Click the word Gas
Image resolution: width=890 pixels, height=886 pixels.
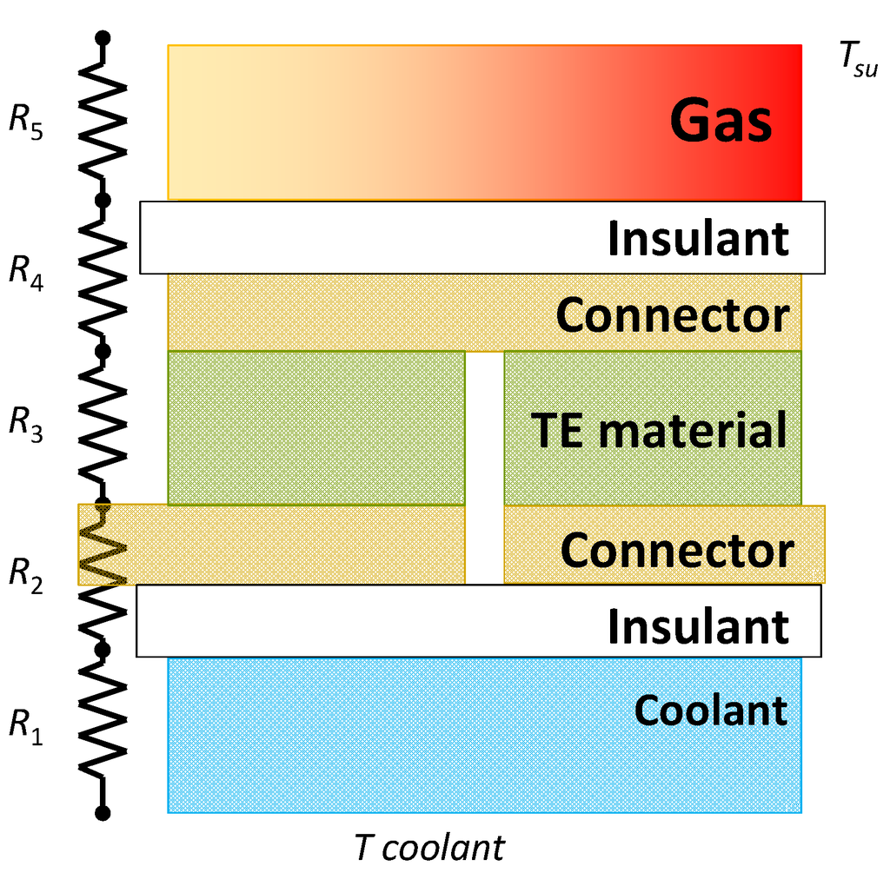point(721,122)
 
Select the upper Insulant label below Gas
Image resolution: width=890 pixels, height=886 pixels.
point(698,238)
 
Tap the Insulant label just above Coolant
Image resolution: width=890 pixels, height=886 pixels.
point(698,625)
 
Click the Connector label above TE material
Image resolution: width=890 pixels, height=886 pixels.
point(673,315)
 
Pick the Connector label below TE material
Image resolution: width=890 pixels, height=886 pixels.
point(676,550)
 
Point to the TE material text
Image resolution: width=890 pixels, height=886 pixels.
point(659,430)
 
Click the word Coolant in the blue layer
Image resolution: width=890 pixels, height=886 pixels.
point(711,710)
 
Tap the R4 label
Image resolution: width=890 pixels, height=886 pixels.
point(26,271)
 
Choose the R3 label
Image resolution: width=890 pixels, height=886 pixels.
point(26,423)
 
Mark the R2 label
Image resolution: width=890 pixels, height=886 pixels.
point(26,572)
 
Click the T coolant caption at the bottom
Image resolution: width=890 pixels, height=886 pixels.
point(428,848)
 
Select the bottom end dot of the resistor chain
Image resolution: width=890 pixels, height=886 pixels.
point(103,813)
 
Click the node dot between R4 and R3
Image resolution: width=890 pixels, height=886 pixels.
point(103,351)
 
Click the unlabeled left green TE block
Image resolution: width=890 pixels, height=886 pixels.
point(315,427)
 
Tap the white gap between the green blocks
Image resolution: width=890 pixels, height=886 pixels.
point(484,466)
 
